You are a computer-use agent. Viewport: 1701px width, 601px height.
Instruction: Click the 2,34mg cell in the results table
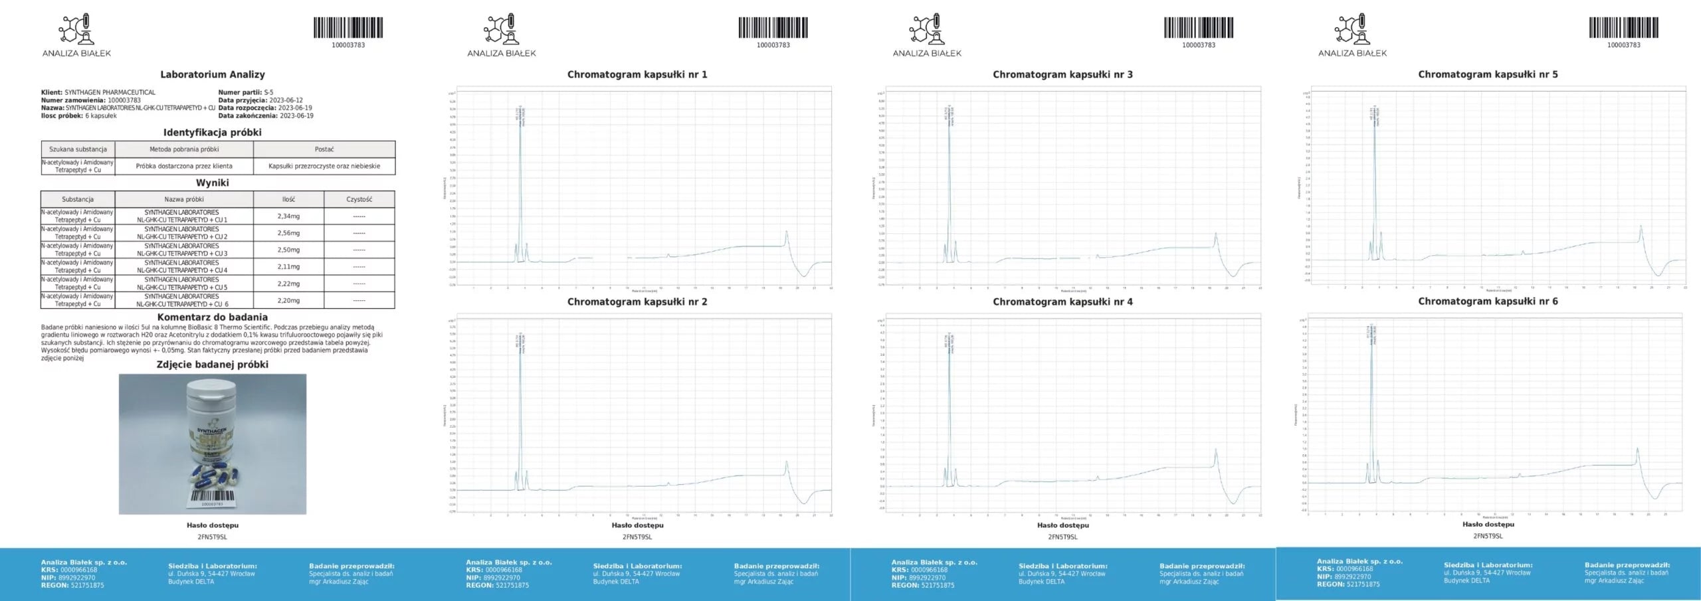(288, 216)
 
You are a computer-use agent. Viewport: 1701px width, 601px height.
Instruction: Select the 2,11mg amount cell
(288, 266)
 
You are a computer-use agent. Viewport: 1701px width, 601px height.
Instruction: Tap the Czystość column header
(359, 199)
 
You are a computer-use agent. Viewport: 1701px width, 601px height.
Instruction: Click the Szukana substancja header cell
(78, 149)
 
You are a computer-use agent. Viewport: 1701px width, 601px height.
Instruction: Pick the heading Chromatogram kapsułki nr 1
(637, 74)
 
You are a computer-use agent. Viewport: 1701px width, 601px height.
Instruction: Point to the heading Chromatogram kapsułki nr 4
(1062, 301)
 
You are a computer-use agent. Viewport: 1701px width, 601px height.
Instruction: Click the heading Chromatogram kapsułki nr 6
(1487, 301)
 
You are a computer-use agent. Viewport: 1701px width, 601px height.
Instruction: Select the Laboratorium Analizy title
(212, 74)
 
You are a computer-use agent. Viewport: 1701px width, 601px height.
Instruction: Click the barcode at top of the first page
(348, 28)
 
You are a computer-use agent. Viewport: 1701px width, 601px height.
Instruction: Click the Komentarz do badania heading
(212, 317)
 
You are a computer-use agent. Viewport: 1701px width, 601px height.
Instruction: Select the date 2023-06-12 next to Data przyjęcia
(286, 100)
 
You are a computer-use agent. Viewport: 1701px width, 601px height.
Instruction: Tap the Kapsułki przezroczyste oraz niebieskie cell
(324, 166)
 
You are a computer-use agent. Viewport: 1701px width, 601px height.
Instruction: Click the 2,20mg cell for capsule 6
(288, 300)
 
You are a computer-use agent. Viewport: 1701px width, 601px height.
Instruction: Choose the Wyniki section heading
(212, 183)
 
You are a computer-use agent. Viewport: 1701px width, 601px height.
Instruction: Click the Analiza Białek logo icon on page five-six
(1352, 29)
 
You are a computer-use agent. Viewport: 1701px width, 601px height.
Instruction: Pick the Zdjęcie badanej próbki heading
(212, 365)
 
